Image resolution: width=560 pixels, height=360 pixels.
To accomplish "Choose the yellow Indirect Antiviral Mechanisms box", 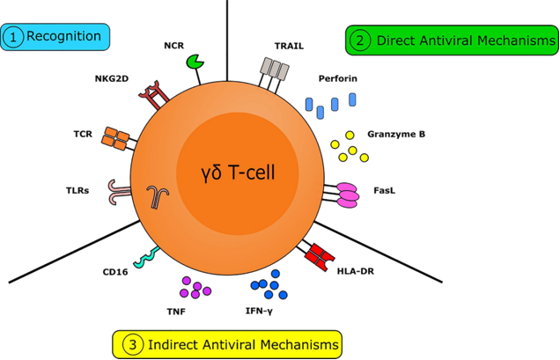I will pyautogui.click(x=226, y=342).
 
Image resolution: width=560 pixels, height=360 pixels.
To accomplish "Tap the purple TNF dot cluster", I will pyautogui.click(x=195, y=289).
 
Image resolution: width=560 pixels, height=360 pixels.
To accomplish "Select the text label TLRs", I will pyautogui.click(x=77, y=188).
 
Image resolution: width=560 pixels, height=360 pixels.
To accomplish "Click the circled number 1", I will pyautogui.click(x=14, y=37).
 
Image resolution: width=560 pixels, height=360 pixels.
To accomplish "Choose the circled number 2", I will pyautogui.click(x=360, y=40).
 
